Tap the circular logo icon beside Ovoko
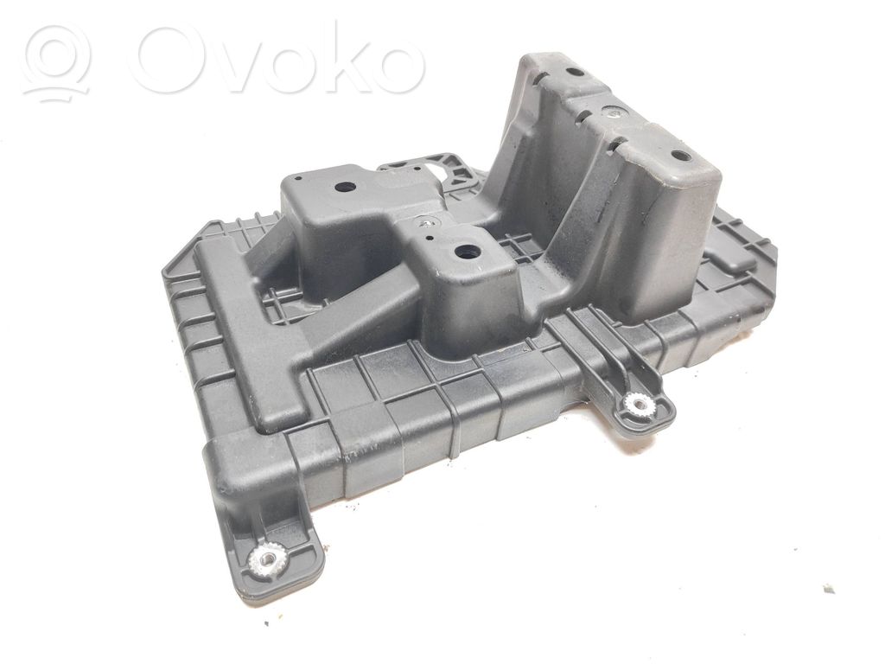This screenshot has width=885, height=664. pos(57,62)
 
